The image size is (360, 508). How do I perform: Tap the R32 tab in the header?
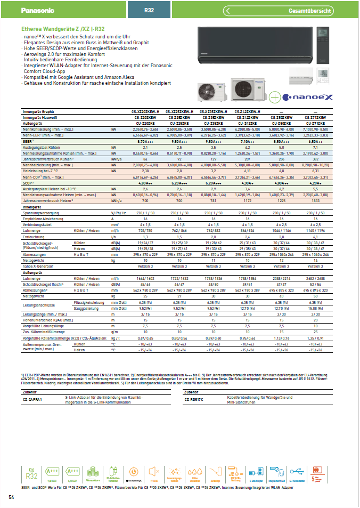tap(149, 10)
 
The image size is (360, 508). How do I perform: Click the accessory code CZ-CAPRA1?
tap(33, 399)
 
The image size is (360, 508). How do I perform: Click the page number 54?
tap(11, 497)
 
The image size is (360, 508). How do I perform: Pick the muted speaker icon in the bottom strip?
tap(154, 471)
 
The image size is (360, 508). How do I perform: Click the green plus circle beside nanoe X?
tap(274, 97)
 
